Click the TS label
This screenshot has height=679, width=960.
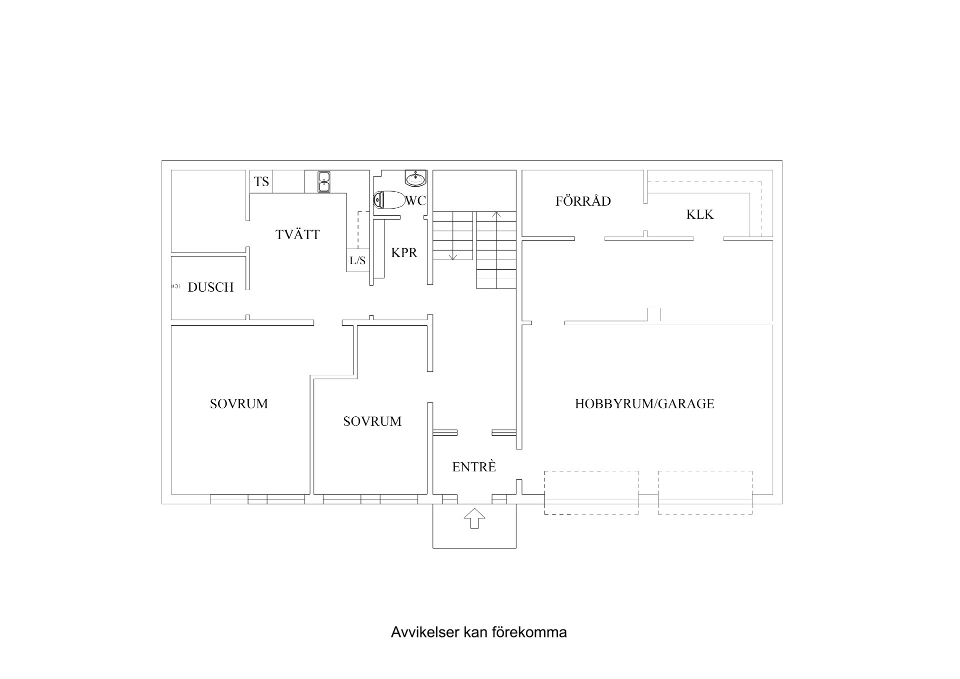tap(261, 181)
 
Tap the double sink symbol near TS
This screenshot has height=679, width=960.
tap(324, 182)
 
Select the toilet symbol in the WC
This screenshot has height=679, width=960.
tap(389, 200)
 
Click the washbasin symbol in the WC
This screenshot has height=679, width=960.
tap(415, 178)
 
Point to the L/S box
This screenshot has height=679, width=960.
tap(357, 260)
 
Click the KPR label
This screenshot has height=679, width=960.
tap(404, 253)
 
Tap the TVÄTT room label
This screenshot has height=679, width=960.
tap(297, 234)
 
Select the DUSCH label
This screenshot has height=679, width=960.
tap(210, 287)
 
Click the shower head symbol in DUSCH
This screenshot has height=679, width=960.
tap(176, 286)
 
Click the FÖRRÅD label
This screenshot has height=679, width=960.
tap(583, 201)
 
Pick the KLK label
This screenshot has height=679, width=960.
tap(699, 215)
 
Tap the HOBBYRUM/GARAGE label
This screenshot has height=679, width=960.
tap(644, 404)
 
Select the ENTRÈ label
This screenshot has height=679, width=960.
tap(474, 467)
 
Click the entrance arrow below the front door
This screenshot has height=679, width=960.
tap(474, 518)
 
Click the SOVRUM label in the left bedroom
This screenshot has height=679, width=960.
tap(238, 404)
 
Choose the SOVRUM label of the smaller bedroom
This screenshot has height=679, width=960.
tap(372, 421)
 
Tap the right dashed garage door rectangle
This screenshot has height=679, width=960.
tap(704, 492)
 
